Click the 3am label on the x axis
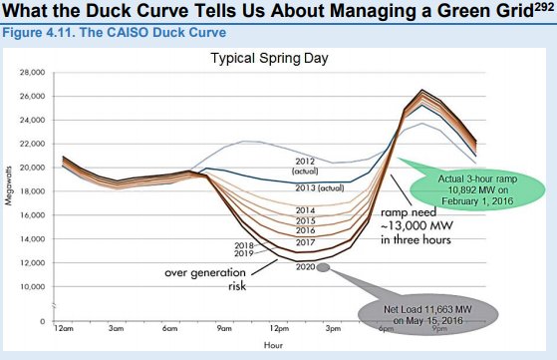[x=117, y=326]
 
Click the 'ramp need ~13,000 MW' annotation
[x=410, y=226]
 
